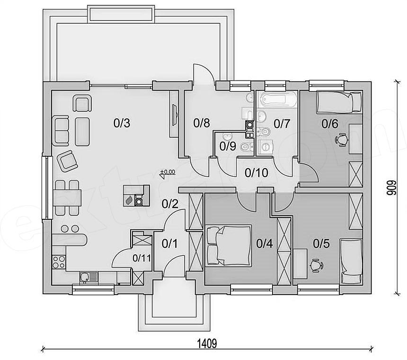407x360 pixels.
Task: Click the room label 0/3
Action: (122, 123)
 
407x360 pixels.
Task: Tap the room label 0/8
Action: (202, 123)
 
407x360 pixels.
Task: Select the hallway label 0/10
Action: (257, 173)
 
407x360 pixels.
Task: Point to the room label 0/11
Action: (142, 258)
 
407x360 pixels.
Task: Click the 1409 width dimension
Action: (207, 343)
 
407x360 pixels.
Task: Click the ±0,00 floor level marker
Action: (168, 172)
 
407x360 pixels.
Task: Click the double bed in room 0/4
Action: (229, 245)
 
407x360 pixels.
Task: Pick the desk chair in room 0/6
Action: (342, 140)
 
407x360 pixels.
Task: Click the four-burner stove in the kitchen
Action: (59, 262)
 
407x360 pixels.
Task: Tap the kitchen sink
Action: (88, 278)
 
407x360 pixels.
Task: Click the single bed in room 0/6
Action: (339, 102)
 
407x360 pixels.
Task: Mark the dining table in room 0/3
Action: (67, 198)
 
